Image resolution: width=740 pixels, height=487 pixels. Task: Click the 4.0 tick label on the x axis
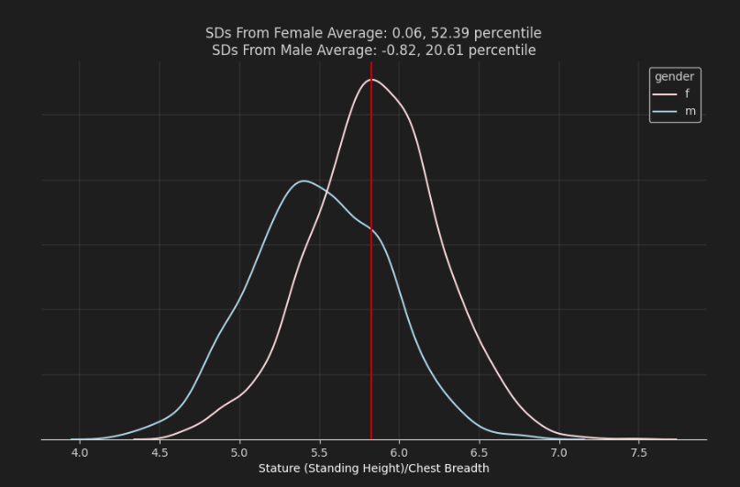coord(80,453)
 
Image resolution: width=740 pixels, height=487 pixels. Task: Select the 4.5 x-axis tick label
coord(160,453)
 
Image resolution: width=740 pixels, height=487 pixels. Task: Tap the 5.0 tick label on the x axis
coord(239,453)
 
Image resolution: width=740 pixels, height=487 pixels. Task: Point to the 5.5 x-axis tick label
coord(319,453)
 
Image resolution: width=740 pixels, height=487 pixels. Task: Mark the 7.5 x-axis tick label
coord(639,453)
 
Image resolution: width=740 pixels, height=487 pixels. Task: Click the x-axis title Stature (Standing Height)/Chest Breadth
coord(373,469)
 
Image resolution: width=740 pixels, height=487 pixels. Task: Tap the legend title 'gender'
coord(674,76)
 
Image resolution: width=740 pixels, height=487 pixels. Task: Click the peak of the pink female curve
coord(371,80)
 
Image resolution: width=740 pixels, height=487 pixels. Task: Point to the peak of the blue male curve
coord(304,181)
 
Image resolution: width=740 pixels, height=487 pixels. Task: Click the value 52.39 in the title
coord(444,33)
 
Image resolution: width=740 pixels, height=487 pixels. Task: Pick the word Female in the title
coord(293,33)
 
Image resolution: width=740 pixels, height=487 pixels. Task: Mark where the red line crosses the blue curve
coord(371,230)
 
